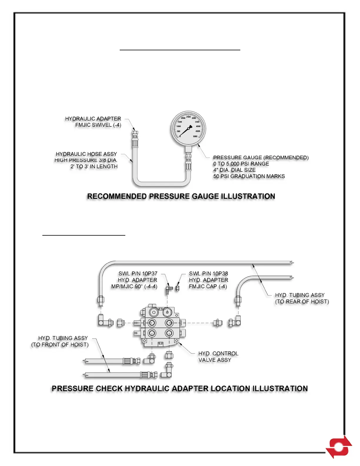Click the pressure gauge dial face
click(x=189, y=129)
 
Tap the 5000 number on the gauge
click(x=195, y=137)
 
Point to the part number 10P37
click(x=150, y=274)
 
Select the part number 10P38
click(x=220, y=274)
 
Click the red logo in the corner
click(x=339, y=447)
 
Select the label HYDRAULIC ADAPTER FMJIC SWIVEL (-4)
click(x=93, y=122)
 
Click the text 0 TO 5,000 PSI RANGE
click(x=241, y=164)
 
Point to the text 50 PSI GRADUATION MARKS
click(x=249, y=176)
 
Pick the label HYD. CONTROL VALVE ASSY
click(x=218, y=357)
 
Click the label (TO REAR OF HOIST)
click(x=302, y=302)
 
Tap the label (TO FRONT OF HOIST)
click(x=60, y=344)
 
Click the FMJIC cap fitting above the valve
click(x=177, y=288)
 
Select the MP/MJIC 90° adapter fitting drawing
click(x=169, y=289)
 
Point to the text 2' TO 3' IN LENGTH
click(x=94, y=167)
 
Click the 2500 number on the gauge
click(x=188, y=117)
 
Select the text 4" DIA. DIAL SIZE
click(x=234, y=170)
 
